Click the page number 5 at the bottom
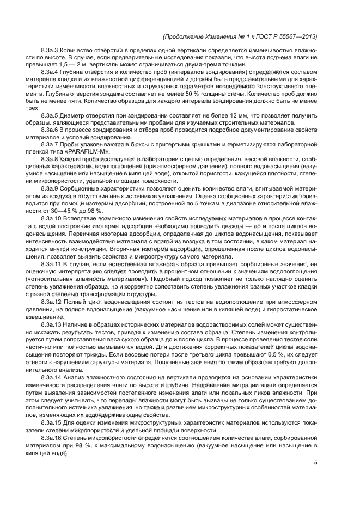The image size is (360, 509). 316,463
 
